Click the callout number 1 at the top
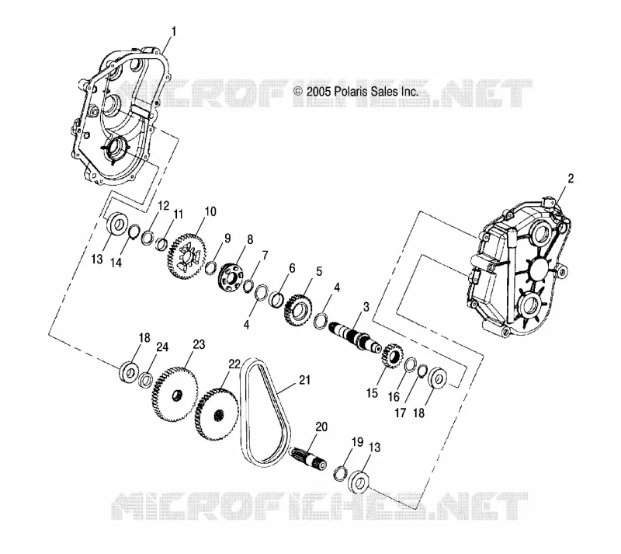(x=173, y=31)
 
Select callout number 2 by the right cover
(x=571, y=179)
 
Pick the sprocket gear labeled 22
(x=217, y=415)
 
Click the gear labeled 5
(x=298, y=309)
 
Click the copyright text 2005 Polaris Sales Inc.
(x=356, y=92)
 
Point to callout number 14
(x=116, y=262)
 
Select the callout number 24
(x=162, y=347)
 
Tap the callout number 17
(x=400, y=413)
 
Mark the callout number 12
(x=163, y=206)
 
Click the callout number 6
(x=292, y=269)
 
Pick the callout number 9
(x=227, y=239)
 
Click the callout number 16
(x=394, y=396)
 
